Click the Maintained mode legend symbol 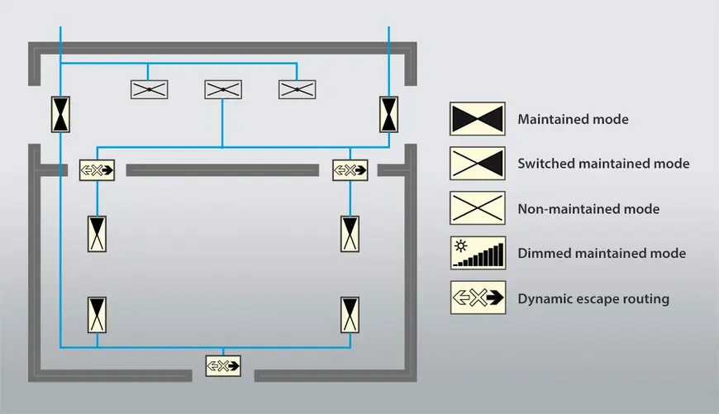coord(477,119)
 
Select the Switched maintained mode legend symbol coord(477,164)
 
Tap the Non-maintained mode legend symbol coord(477,208)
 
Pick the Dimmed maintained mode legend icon coord(477,253)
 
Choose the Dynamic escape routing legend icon coord(477,297)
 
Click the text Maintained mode coord(573,120)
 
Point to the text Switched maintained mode coord(603,164)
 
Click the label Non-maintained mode coord(588,209)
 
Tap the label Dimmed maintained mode coord(602,253)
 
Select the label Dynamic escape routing coord(593,298)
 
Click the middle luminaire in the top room coord(223,89)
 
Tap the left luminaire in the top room coord(150,89)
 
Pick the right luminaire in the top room coord(298,89)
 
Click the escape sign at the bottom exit coord(223,364)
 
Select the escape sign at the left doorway coord(97,170)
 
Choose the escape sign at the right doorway coord(350,170)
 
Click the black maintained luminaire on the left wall coord(60,114)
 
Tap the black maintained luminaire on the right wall coord(389,114)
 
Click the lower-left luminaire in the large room coord(97,315)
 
